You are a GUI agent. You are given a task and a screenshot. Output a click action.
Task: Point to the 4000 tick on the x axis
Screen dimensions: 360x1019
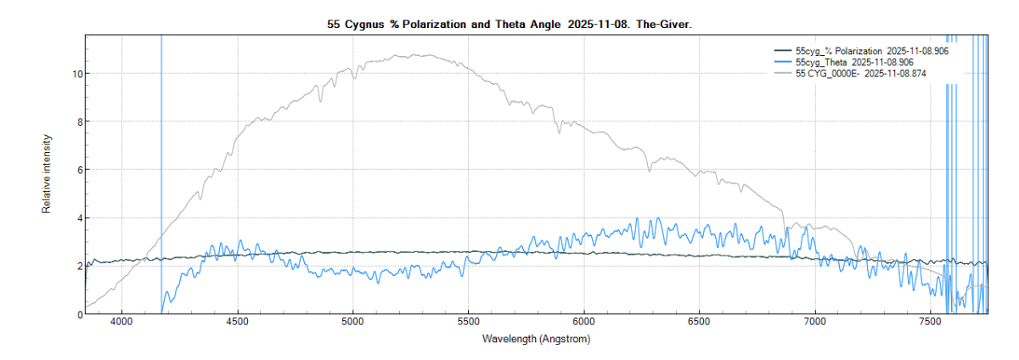pyautogui.click(x=121, y=323)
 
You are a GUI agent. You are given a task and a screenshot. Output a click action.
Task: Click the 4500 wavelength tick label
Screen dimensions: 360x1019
pyautogui.click(x=237, y=323)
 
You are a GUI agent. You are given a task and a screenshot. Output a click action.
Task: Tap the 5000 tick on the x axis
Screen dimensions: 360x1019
pyautogui.click(x=352, y=323)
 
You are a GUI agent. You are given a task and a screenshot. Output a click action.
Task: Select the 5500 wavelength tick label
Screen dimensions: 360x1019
pyautogui.click(x=468, y=323)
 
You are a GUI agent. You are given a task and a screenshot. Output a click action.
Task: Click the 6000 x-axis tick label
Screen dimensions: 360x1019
pyautogui.click(x=583, y=323)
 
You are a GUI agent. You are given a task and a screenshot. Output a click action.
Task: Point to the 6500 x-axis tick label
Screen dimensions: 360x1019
pyautogui.click(x=699, y=323)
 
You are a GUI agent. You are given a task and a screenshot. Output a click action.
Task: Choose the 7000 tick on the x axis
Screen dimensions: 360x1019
pyautogui.click(x=814, y=323)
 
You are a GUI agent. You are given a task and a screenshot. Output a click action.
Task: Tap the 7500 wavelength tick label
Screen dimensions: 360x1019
pyautogui.click(x=930, y=323)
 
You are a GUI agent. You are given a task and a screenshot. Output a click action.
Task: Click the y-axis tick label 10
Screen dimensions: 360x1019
pyautogui.click(x=76, y=74)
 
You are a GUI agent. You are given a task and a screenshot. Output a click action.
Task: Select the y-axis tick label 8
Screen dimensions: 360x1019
pyautogui.click(x=78, y=121)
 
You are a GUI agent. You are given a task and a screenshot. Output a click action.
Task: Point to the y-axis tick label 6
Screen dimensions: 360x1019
pyautogui.click(x=78, y=170)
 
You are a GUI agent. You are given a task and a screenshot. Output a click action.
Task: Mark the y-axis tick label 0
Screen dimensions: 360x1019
pyautogui.click(x=78, y=314)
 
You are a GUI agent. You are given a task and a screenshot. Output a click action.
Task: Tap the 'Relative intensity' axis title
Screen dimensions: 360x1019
pyautogui.click(x=48, y=173)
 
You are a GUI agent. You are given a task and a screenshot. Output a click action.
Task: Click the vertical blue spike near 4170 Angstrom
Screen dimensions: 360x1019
pyautogui.click(x=161, y=170)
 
